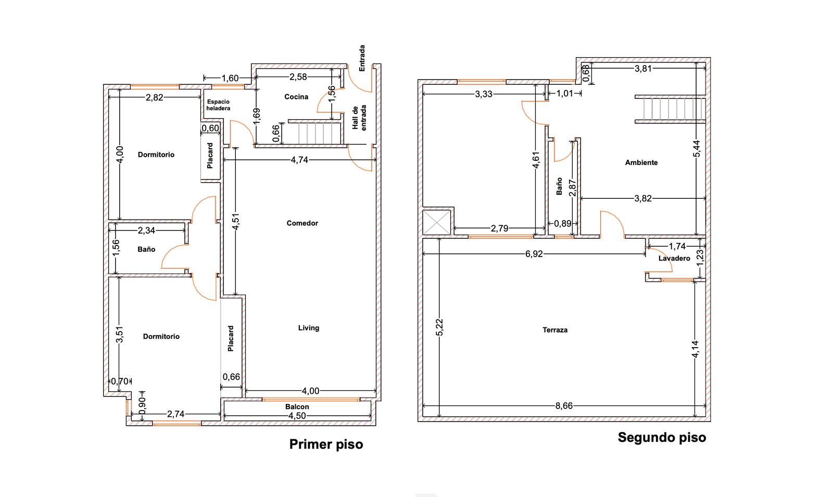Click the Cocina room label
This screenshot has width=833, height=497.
point(296,97)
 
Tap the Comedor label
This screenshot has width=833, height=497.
point(302,223)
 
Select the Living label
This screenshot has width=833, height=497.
point(309,328)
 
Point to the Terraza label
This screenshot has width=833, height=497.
point(555,330)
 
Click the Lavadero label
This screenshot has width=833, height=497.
point(674,258)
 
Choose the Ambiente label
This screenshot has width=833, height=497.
point(641,162)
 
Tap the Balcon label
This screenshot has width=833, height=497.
point(297,406)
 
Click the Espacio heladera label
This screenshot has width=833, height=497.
point(218,105)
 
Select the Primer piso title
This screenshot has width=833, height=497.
point(326,444)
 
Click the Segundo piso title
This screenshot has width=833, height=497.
point(662,438)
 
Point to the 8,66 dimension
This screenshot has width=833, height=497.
point(564,406)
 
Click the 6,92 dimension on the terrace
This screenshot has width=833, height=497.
point(534,254)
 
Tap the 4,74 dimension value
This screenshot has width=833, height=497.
point(299,160)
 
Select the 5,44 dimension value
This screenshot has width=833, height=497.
point(697,148)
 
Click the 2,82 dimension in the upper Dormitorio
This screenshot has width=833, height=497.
point(154,97)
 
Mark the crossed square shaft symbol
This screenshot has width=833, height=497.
point(437,222)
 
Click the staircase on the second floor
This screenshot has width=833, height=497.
point(670,109)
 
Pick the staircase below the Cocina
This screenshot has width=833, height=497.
point(315,132)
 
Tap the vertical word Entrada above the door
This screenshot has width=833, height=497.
point(362,58)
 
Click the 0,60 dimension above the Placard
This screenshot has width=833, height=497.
point(210,129)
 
